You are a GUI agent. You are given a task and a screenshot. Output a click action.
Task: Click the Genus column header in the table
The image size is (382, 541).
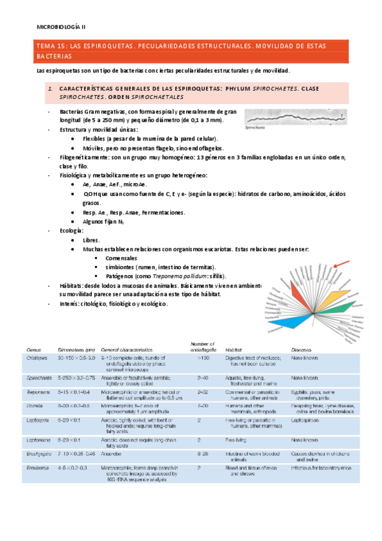click(34, 349)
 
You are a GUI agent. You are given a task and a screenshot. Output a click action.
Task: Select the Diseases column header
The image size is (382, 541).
click(302, 349)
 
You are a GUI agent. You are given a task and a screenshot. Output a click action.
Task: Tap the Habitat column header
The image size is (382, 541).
click(234, 349)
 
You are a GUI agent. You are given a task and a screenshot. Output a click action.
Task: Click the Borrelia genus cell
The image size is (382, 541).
click(36, 405)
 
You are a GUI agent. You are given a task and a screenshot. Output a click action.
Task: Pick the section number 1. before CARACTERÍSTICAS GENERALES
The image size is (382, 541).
click(50, 88)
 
